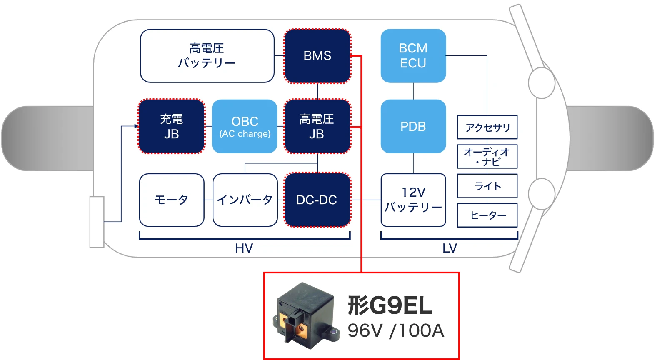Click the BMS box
click(x=317, y=56)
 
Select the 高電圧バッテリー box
click(x=207, y=56)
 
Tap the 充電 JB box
click(x=172, y=126)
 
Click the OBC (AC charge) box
click(x=245, y=126)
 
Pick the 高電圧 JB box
click(x=317, y=126)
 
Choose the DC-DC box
click(x=317, y=200)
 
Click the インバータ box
click(x=245, y=200)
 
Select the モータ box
click(x=172, y=200)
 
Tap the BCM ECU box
click(x=413, y=56)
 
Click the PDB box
click(x=413, y=126)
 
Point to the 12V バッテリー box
click(x=413, y=200)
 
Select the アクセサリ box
click(x=487, y=127)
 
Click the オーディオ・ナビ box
click(x=487, y=156)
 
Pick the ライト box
click(x=487, y=186)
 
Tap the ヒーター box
click(x=487, y=215)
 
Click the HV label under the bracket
click(x=244, y=248)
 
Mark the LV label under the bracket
click(x=450, y=248)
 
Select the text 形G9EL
click(x=390, y=305)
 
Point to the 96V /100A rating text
click(x=396, y=330)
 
